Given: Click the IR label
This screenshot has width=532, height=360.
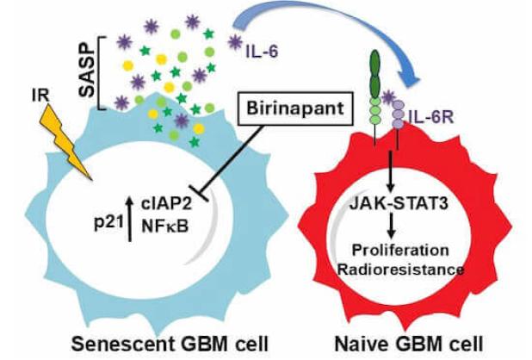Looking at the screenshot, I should tap(38, 92).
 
